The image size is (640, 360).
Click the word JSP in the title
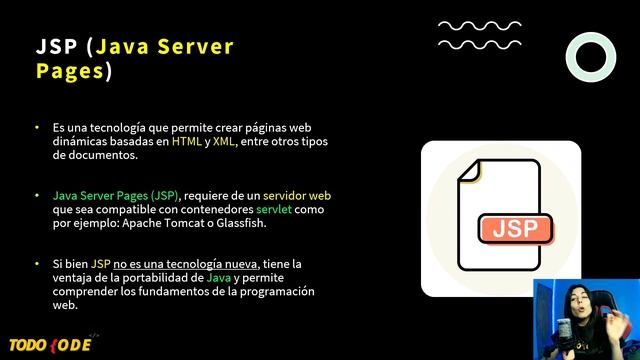[57, 47]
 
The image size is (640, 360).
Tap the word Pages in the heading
[69, 71]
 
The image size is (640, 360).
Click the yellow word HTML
[186, 143]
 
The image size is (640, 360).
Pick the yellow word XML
[224, 143]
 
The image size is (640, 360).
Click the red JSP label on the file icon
[515, 227]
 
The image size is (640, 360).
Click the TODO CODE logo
[49, 344]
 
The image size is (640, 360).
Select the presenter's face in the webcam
[579, 306]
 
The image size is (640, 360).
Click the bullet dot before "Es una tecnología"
[37, 129]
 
